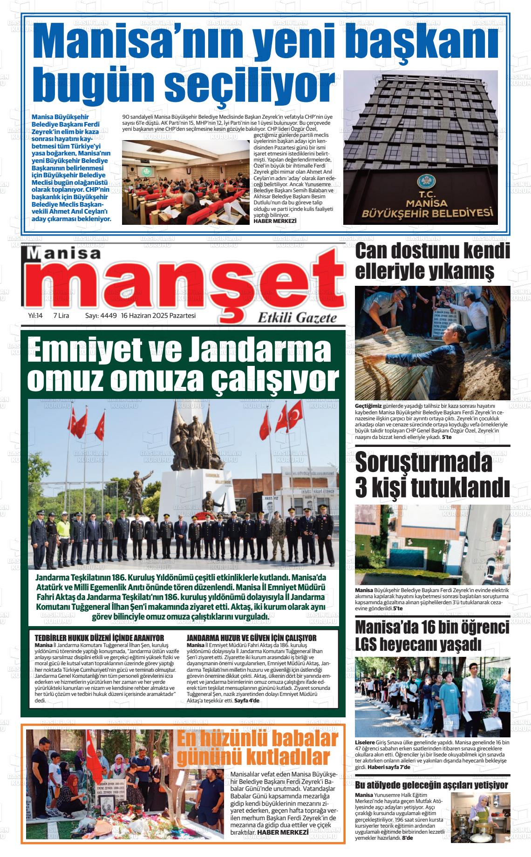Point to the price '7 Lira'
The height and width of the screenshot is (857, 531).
click(x=61, y=316)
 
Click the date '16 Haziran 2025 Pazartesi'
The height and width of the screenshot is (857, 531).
click(x=158, y=316)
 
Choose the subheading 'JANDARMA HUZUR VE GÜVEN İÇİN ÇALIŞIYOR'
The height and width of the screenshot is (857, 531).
click(x=251, y=637)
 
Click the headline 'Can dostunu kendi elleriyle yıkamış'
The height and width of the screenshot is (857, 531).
click(x=432, y=261)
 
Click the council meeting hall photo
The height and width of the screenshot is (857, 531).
click(x=185, y=182)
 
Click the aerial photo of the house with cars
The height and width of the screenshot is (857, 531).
click(x=432, y=545)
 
